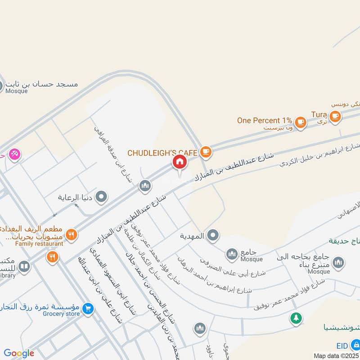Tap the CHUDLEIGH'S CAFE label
[162, 153]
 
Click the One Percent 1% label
[265, 121]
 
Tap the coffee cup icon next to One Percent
[301, 121]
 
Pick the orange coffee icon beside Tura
[334, 116]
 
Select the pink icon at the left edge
[14, 154]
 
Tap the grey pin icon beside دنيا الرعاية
[102, 197]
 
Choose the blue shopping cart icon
[88, 308]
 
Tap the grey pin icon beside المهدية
[213, 235]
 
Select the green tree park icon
[296, 318]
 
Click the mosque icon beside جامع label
[232, 255]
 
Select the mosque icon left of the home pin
[144, 185]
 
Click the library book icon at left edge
[24, 267]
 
